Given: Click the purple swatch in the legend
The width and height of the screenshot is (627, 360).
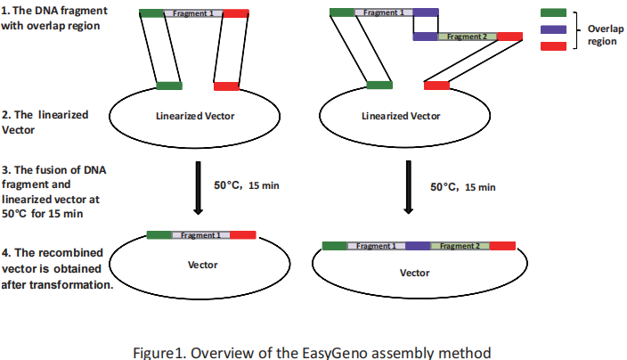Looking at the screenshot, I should (x=554, y=29).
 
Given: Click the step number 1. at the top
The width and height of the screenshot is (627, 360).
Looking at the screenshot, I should (x=7, y=10).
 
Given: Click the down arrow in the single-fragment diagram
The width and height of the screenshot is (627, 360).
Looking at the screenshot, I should (x=199, y=187).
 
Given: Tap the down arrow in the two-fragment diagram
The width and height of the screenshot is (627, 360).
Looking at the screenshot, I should (x=408, y=187).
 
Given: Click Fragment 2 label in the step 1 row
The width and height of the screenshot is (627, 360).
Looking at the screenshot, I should (x=467, y=37).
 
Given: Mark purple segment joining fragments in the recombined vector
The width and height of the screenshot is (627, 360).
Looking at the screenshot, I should (x=419, y=246).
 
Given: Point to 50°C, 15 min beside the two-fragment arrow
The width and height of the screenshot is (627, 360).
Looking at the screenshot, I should (x=463, y=187).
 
